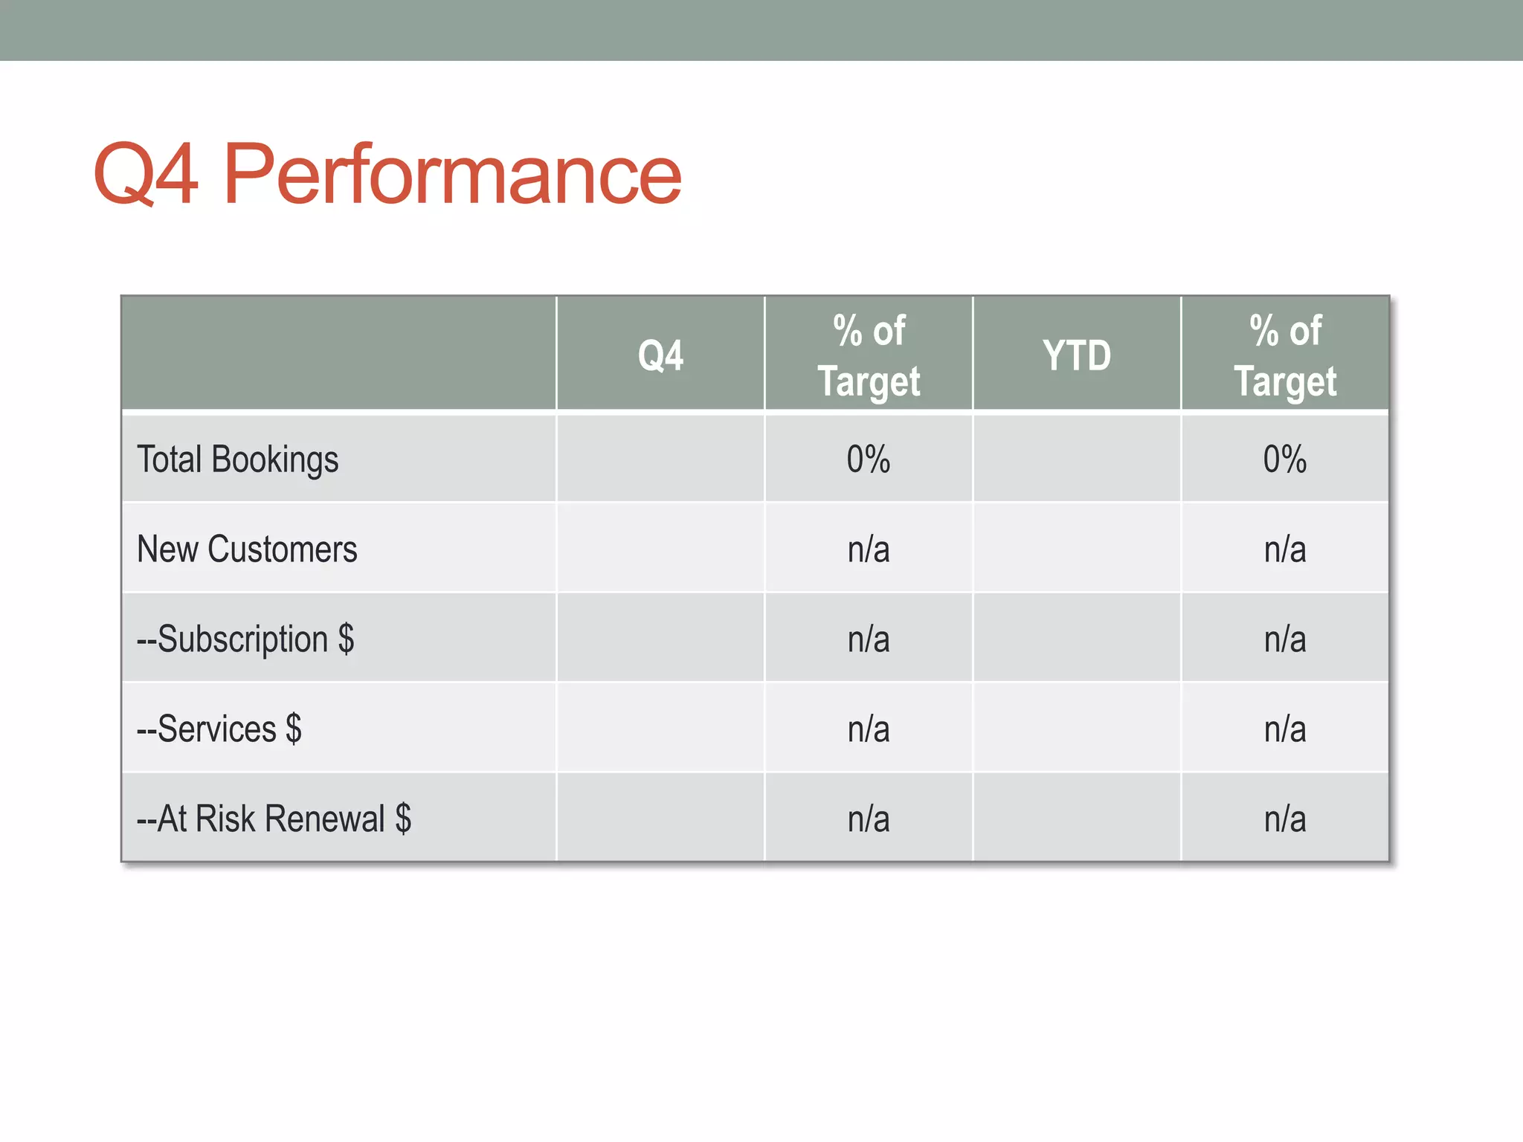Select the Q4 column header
(660, 355)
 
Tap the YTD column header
(1076, 355)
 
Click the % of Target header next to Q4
(869, 355)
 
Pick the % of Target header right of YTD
(1285, 355)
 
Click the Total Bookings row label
(238, 459)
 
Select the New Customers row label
(247, 549)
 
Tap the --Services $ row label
(219, 729)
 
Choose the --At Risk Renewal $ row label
(274, 819)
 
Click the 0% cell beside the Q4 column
(869, 459)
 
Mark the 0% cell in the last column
(1285, 459)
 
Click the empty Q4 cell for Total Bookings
(660, 459)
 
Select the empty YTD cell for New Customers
(1076, 549)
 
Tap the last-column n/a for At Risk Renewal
(1285, 819)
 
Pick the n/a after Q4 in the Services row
(869, 729)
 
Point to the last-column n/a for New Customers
(1285, 549)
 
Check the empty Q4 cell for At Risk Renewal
(660, 819)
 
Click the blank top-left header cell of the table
(338, 353)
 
